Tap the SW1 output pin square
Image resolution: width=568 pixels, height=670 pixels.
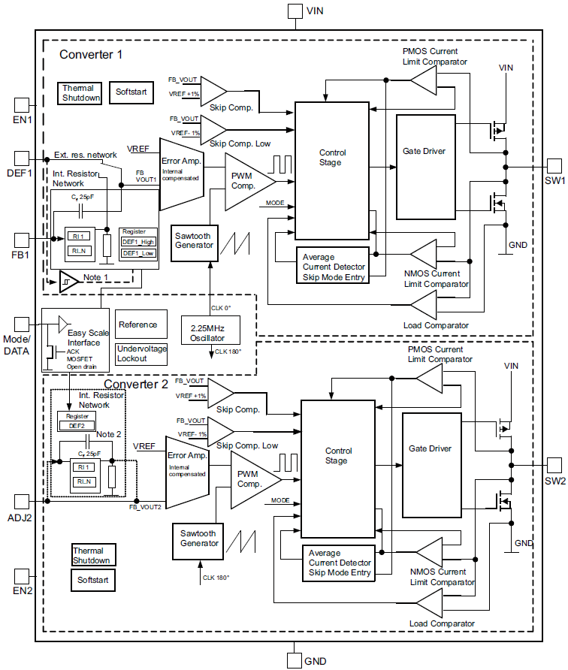[554, 166]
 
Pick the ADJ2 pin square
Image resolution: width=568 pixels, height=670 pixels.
[22, 500]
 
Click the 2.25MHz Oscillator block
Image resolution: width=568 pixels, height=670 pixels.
[210, 329]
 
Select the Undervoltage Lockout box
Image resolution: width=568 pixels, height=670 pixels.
[142, 354]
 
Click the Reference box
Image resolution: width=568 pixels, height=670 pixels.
[138, 324]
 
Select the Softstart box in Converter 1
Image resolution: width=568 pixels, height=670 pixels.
[131, 92]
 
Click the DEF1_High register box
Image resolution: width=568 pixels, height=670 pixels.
[139, 242]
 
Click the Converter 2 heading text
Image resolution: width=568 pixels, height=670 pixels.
[136, 385]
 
